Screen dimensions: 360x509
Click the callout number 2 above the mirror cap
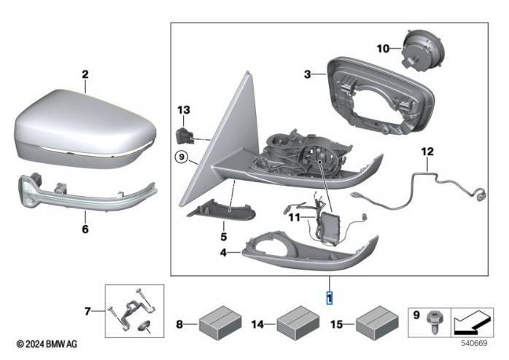coord(85,74)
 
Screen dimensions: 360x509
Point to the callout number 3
coord(308,74)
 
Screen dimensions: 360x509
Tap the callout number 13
coord(182,109)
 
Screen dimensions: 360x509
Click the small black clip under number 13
coord(186,134)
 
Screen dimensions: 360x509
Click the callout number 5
coord(224,237)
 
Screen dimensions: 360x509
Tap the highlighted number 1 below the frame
coord(329,297)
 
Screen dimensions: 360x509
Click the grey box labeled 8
coord(222,321)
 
